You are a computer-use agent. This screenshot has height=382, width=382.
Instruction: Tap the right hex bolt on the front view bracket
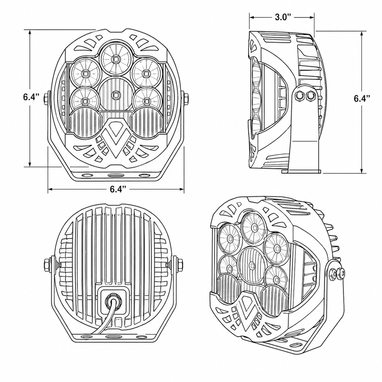pos(186,98)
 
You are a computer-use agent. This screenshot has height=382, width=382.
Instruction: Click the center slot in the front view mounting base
pos(116,175)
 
